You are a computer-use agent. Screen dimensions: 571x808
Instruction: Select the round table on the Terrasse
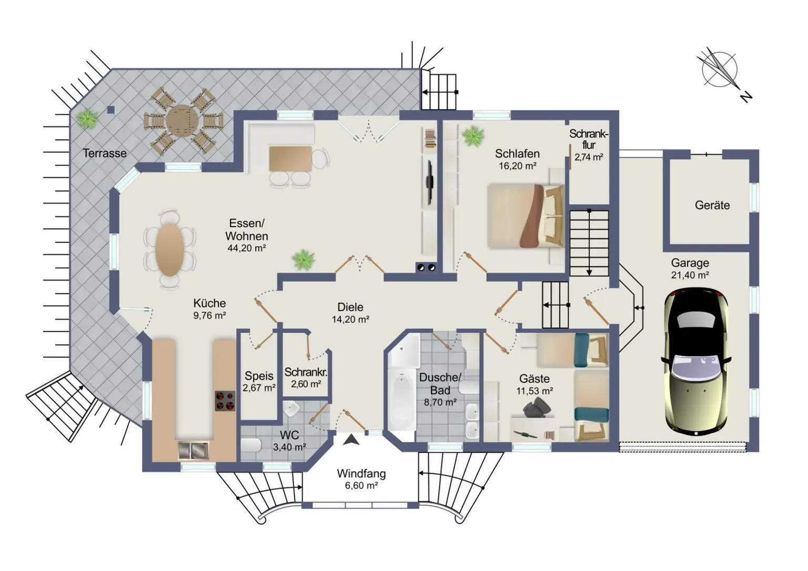(181, 121)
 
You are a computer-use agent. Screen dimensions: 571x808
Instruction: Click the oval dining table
(170, 249)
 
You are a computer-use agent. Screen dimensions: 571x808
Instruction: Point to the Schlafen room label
(517, 154)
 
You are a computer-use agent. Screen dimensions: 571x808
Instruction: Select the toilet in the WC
(251, 445)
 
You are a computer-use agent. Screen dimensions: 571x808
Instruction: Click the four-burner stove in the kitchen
(225, 401)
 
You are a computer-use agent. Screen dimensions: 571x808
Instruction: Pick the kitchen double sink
(193, 450)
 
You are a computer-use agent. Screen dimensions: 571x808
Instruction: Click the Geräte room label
(712, 206)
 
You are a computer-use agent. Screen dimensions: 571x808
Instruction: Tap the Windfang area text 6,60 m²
(361, 486)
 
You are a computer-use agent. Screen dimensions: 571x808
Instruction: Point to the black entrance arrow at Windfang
(351, 440)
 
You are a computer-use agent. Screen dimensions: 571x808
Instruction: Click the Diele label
(350, 308)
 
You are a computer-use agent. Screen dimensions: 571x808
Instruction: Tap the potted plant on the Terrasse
(86, 118)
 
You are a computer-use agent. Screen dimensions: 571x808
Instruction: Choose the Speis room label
(259, 376)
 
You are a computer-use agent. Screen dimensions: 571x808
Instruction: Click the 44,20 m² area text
(247, 248)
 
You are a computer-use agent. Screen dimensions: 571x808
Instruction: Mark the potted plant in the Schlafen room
(473, 136)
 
